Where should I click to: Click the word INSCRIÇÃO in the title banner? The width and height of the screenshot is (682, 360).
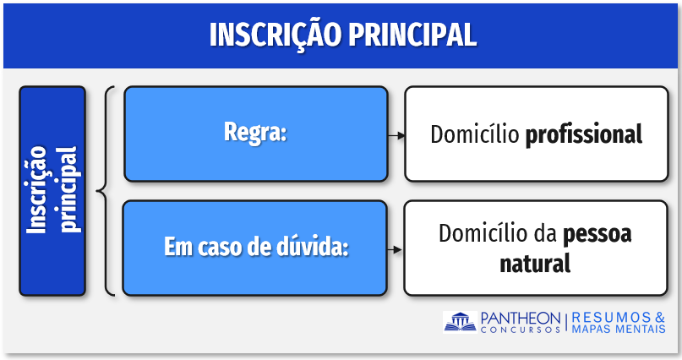pos(276,35)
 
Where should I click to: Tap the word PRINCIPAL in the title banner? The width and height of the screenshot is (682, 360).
pos(412,34)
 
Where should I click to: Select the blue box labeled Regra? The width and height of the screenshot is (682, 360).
pos(256,134)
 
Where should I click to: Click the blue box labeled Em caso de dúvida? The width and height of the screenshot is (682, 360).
pos(255,248)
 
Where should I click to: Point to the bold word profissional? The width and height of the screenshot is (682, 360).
pos(584,134)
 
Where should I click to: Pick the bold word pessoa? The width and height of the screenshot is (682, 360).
pos(597,234)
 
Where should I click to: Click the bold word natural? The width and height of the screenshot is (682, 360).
pos(535,264)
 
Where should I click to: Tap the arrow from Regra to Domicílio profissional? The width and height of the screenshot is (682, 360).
pos(396,136)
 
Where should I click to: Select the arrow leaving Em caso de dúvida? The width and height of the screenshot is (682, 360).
pos(396,249)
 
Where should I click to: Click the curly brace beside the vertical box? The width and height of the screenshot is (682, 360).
pos(106,191)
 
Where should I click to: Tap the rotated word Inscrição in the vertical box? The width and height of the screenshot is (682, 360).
pos(37,189)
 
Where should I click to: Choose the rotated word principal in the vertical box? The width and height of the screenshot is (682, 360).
pos(68,189)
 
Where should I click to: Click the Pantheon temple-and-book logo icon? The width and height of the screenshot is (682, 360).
pos(460,322)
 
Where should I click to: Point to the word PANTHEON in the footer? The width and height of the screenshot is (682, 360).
pos(521,318)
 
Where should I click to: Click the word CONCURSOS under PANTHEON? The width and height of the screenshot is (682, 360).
pos(521,330)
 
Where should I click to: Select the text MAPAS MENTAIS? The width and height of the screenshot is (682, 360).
pos(619,329)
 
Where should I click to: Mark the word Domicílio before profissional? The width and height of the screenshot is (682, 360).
pos(475,134)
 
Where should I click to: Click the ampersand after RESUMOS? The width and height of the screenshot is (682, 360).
pos(660,318)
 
